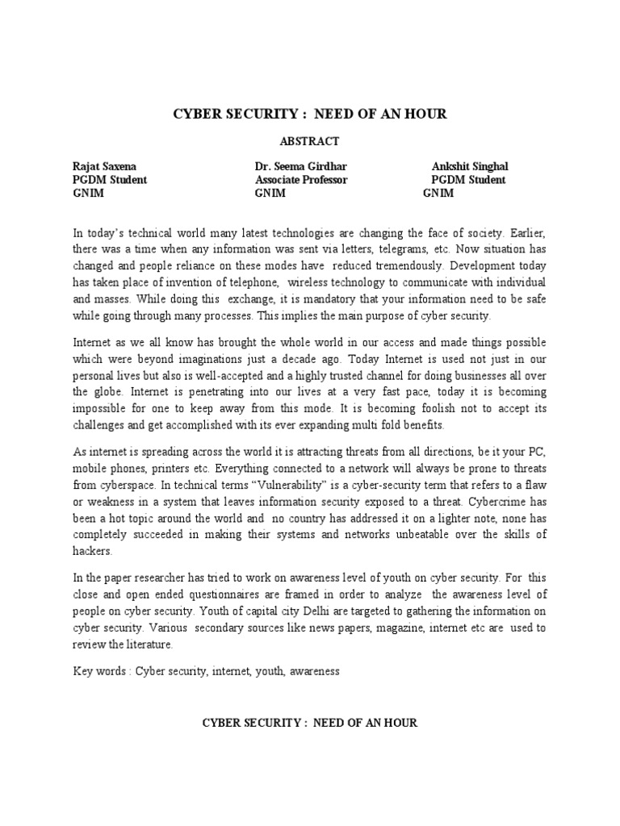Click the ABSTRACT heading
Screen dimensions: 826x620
[x=310, y=140]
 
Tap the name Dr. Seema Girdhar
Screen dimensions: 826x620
[x=301, y=167]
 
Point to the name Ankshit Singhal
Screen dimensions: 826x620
[x=470, y=167]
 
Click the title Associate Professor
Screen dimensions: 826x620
[x=301, y=180]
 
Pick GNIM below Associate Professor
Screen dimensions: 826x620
[x=270, y=194]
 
